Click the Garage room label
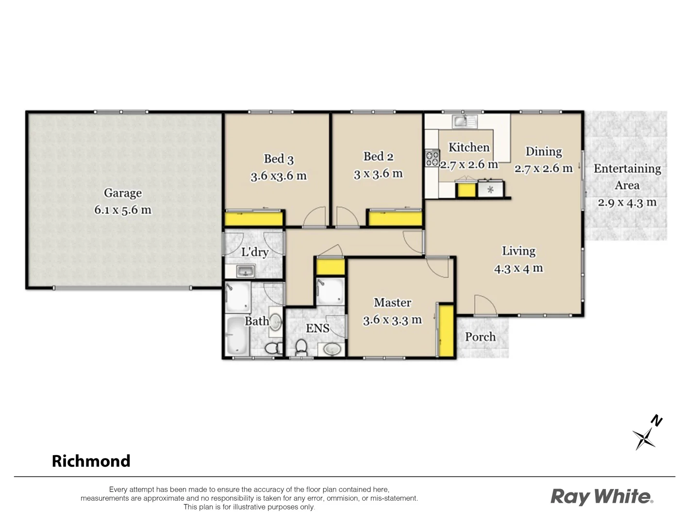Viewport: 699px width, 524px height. click(x=123, y=193)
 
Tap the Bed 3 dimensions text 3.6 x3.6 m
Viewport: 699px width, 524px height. click(x=279, y=176)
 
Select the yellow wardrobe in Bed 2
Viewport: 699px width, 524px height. click(x=395, y=218)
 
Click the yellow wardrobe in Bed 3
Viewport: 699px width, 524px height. click(x=254, y=218)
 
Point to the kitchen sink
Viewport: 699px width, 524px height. click(x=464, y=121)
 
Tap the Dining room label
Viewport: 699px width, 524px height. click(x=544, y=152)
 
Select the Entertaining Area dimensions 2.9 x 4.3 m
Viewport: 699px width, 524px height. click(x=627, y=203)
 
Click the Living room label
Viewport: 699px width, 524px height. click(x=518, y=251)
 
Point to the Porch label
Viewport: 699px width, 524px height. click(x=480, y=337)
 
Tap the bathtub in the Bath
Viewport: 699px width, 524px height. click(x=236, y=335)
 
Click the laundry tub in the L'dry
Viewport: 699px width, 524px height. click(x=245, y=271)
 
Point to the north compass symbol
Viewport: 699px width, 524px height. click(x=646, y=434)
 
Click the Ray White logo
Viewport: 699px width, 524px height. click(x=601, y=497)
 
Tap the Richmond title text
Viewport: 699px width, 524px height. click(x=91, y=461)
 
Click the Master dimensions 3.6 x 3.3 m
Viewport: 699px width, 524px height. click(x=392, y=320)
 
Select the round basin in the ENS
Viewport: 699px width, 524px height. click(x=332, y=349)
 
